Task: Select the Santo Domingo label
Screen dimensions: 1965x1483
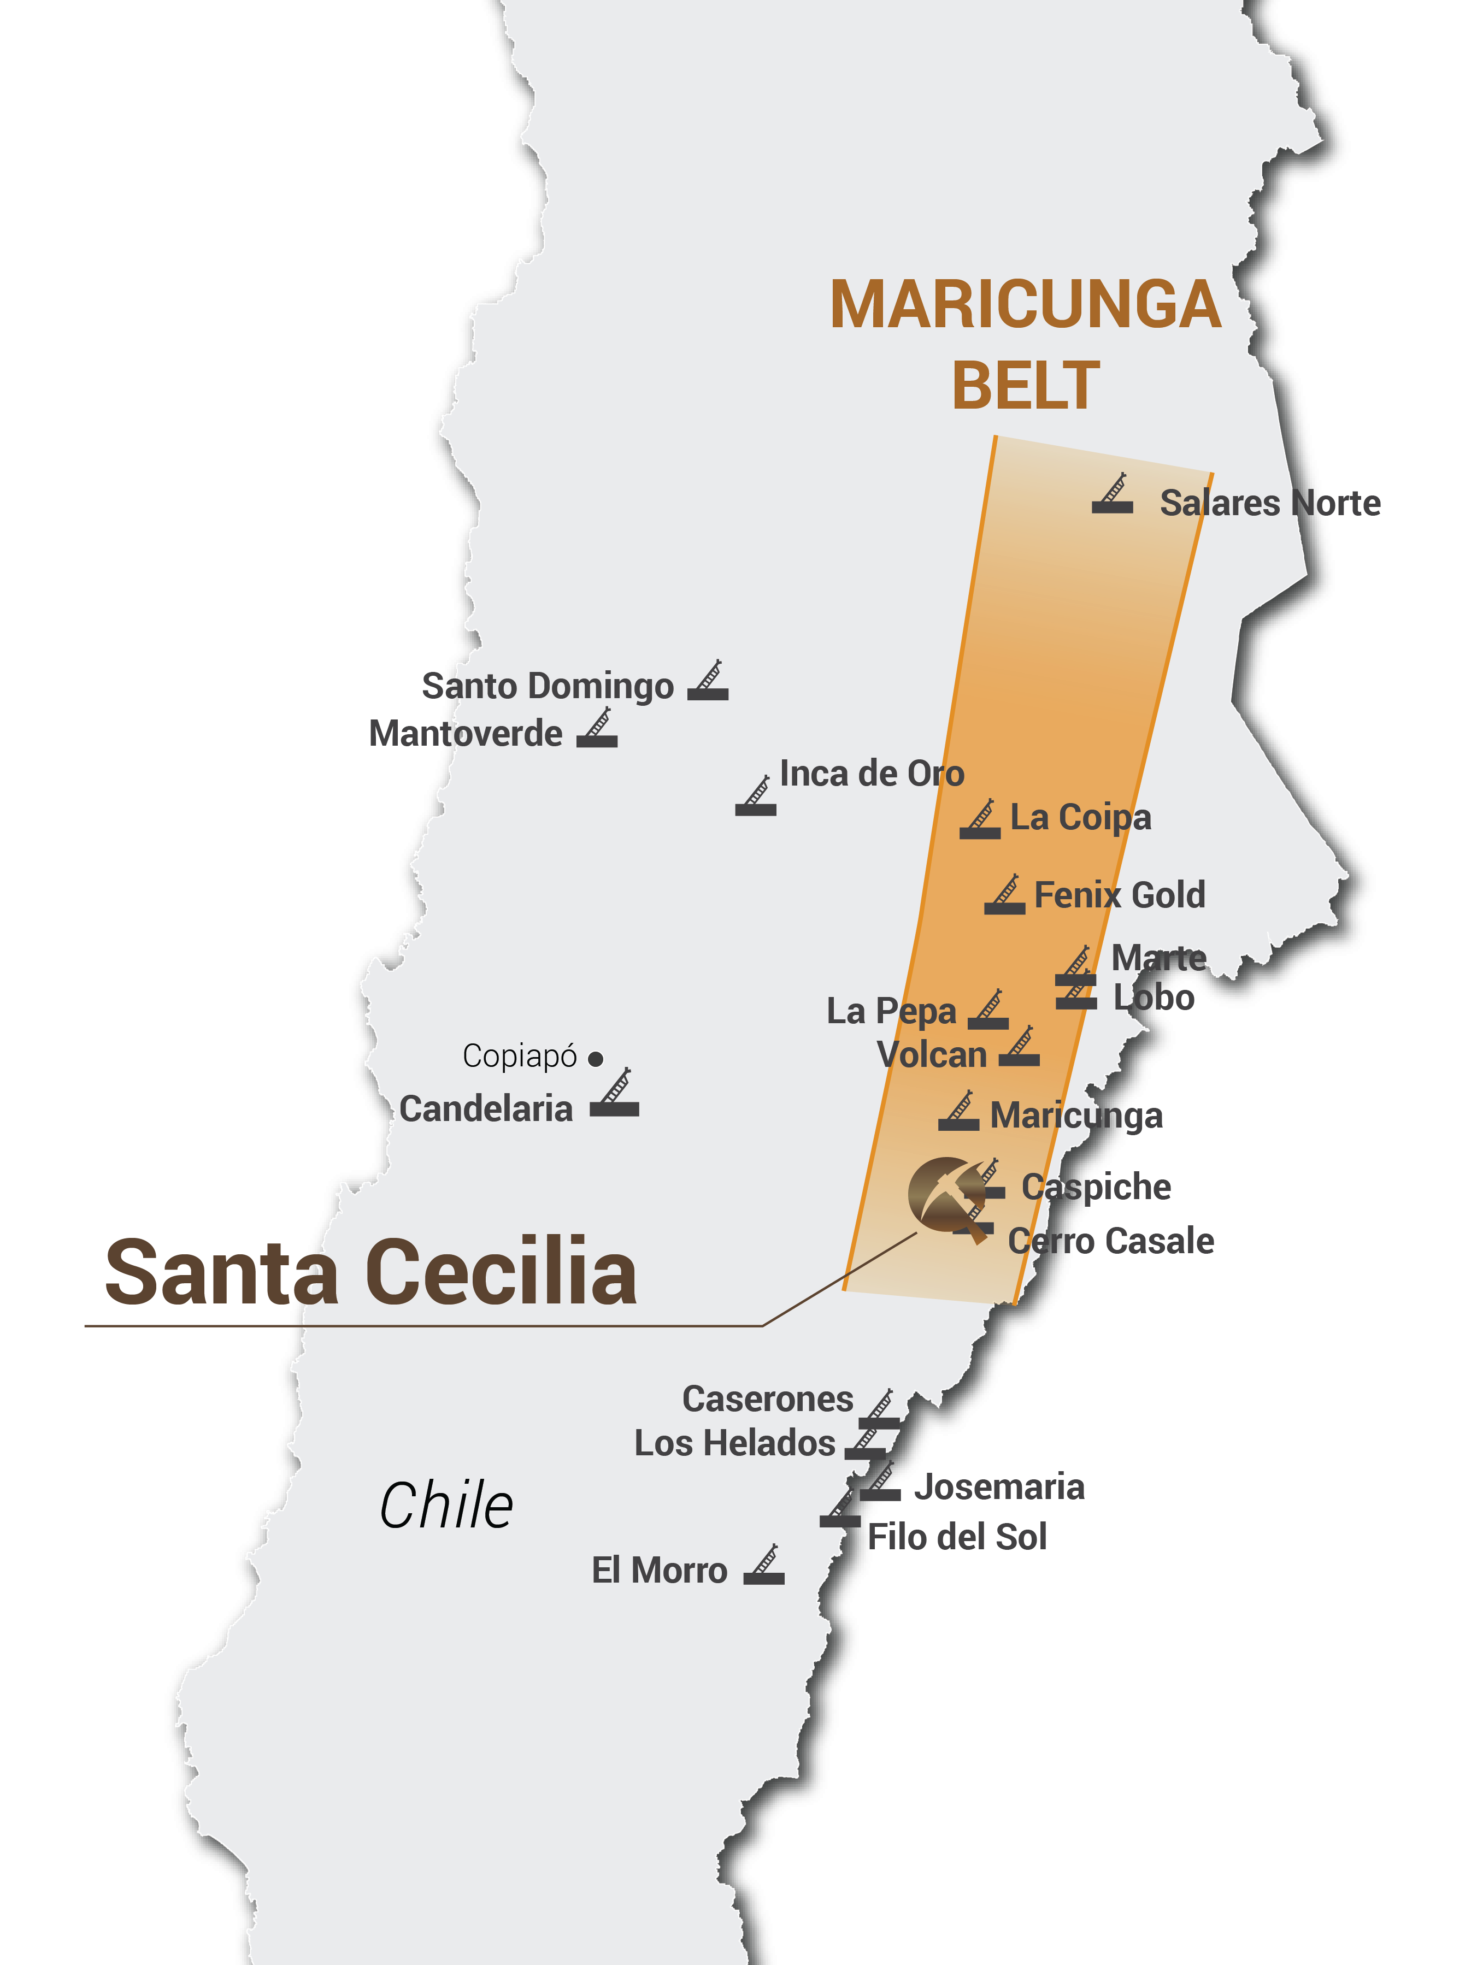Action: [548, 687]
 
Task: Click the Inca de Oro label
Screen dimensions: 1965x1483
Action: [872, 774]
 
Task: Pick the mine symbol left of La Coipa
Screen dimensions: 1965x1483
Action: [980, 820]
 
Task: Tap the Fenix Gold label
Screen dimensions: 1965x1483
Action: [1120, 895]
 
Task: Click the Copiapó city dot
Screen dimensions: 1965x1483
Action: [596, 1059]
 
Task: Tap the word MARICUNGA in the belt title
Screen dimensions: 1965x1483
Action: [1026, 305]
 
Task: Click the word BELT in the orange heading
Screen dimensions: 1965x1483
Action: [1026, 386]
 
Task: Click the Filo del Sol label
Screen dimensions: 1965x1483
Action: [958, 1537]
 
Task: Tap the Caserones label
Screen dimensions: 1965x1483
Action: [768, 1399]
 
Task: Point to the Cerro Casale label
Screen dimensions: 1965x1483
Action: [1111, 1241]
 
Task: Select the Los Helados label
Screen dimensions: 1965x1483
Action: [735, 1443]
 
